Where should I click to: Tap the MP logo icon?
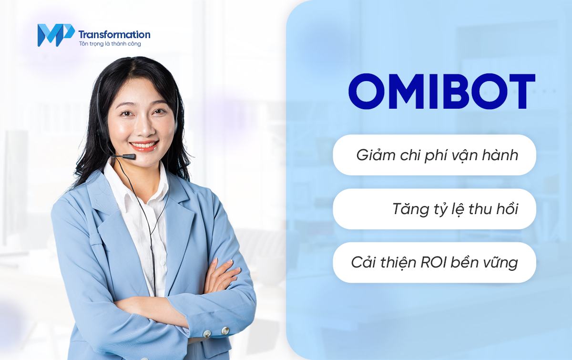click(55, 35)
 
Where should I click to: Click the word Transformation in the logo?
click(114, 34)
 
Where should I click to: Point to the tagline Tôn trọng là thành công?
click(109, 44)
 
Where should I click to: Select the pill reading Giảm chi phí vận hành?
click(434, 155)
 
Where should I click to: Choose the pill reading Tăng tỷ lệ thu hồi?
click(434, 209)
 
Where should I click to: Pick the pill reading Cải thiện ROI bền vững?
click(434, 263)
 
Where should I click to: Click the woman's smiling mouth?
click(144, 145)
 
